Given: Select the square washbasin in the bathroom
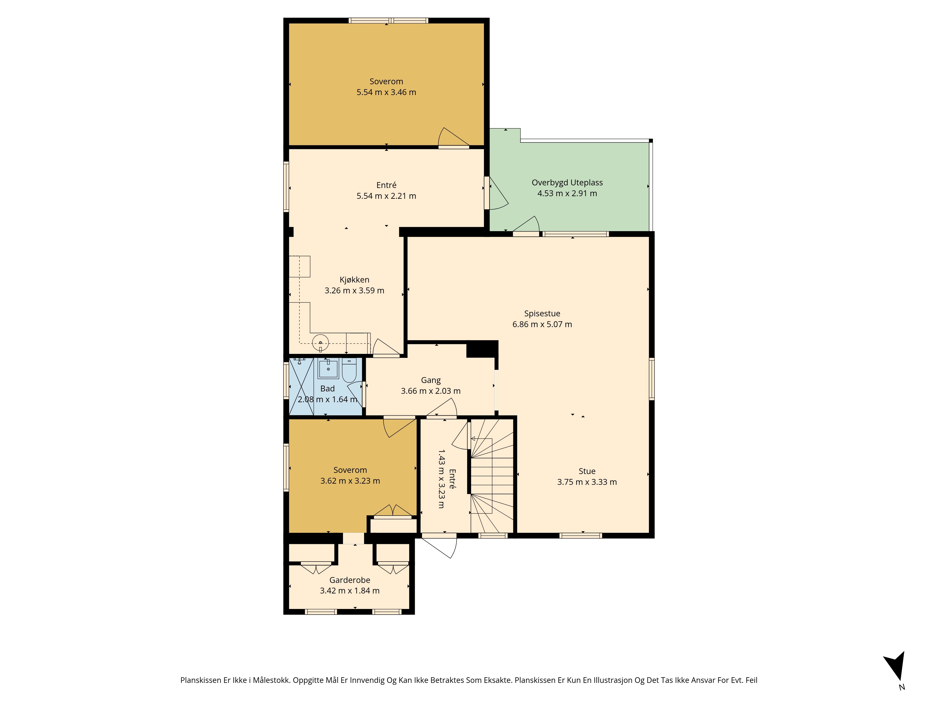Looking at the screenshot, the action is [x=328, y=368].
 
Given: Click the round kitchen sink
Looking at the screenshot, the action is [x=321, y=342].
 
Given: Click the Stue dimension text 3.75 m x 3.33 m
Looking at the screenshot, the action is [x=587, y=482].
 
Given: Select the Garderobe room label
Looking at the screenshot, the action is [x=350, y=580].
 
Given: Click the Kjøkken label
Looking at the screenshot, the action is [x=355, y=280].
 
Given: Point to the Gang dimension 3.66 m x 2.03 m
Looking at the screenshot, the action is [x=431, y=391].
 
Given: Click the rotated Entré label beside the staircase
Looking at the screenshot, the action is [x=452, y=479].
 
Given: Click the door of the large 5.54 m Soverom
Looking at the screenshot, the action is [x=453, y=138].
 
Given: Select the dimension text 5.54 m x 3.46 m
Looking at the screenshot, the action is [x=386, y=92].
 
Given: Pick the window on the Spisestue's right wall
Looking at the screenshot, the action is [x=652, y=379].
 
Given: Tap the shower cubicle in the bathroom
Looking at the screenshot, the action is [x=301, y=386].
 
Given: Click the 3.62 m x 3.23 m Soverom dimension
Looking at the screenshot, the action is [x=350, y=481].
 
